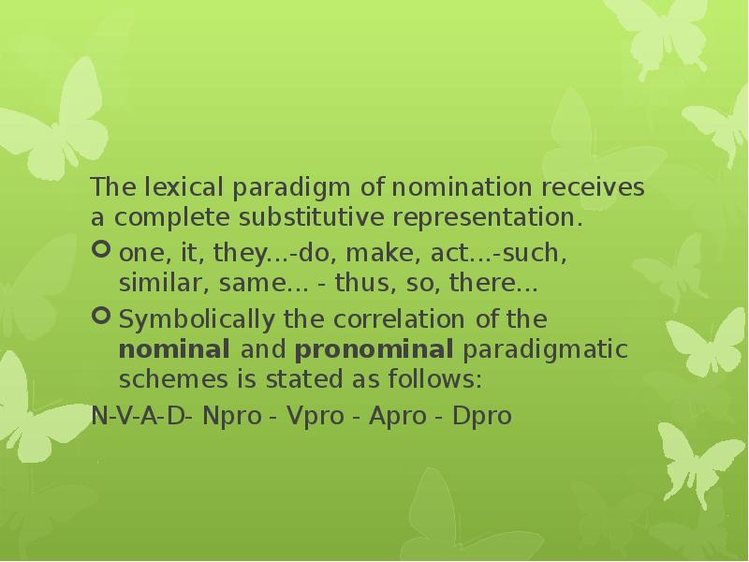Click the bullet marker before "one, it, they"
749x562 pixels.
[x=102, y=250]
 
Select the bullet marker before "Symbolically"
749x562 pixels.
[x=102, y=319]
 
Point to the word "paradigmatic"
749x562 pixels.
[x=545, y=351]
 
